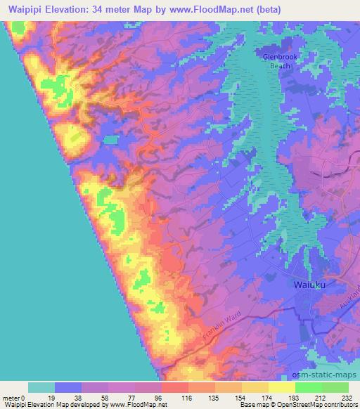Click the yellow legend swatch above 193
281,387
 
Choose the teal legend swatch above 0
41,387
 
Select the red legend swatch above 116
174,387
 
